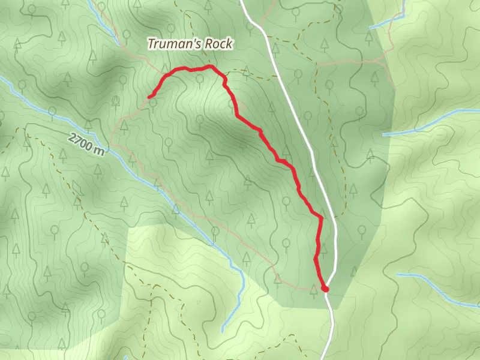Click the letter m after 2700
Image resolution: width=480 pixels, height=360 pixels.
(99, 151)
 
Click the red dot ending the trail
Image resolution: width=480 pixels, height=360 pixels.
(325, 289)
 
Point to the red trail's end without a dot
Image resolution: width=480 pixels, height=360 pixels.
(149, 96)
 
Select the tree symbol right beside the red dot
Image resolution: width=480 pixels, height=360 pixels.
(313, 290)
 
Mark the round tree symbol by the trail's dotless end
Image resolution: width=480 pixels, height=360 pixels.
(154, 103)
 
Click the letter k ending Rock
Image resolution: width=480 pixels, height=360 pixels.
(229, 44)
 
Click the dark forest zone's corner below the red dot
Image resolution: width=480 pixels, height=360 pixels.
(336, 309)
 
